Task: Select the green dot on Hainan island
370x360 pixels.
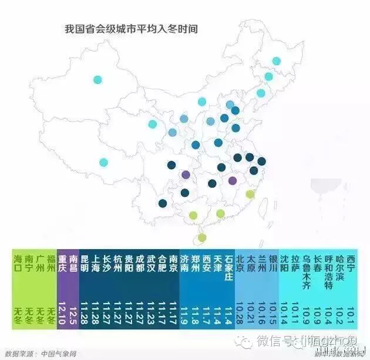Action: tap(202, 237)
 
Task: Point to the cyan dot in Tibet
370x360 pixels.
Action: tap(104, 162)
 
